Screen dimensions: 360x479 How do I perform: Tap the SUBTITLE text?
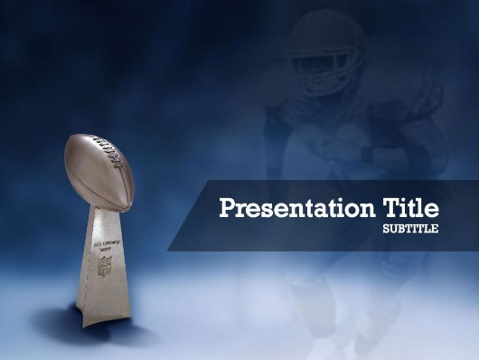click(x=411, y=229)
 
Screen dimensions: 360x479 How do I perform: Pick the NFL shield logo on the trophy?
click(x=105, y=267)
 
